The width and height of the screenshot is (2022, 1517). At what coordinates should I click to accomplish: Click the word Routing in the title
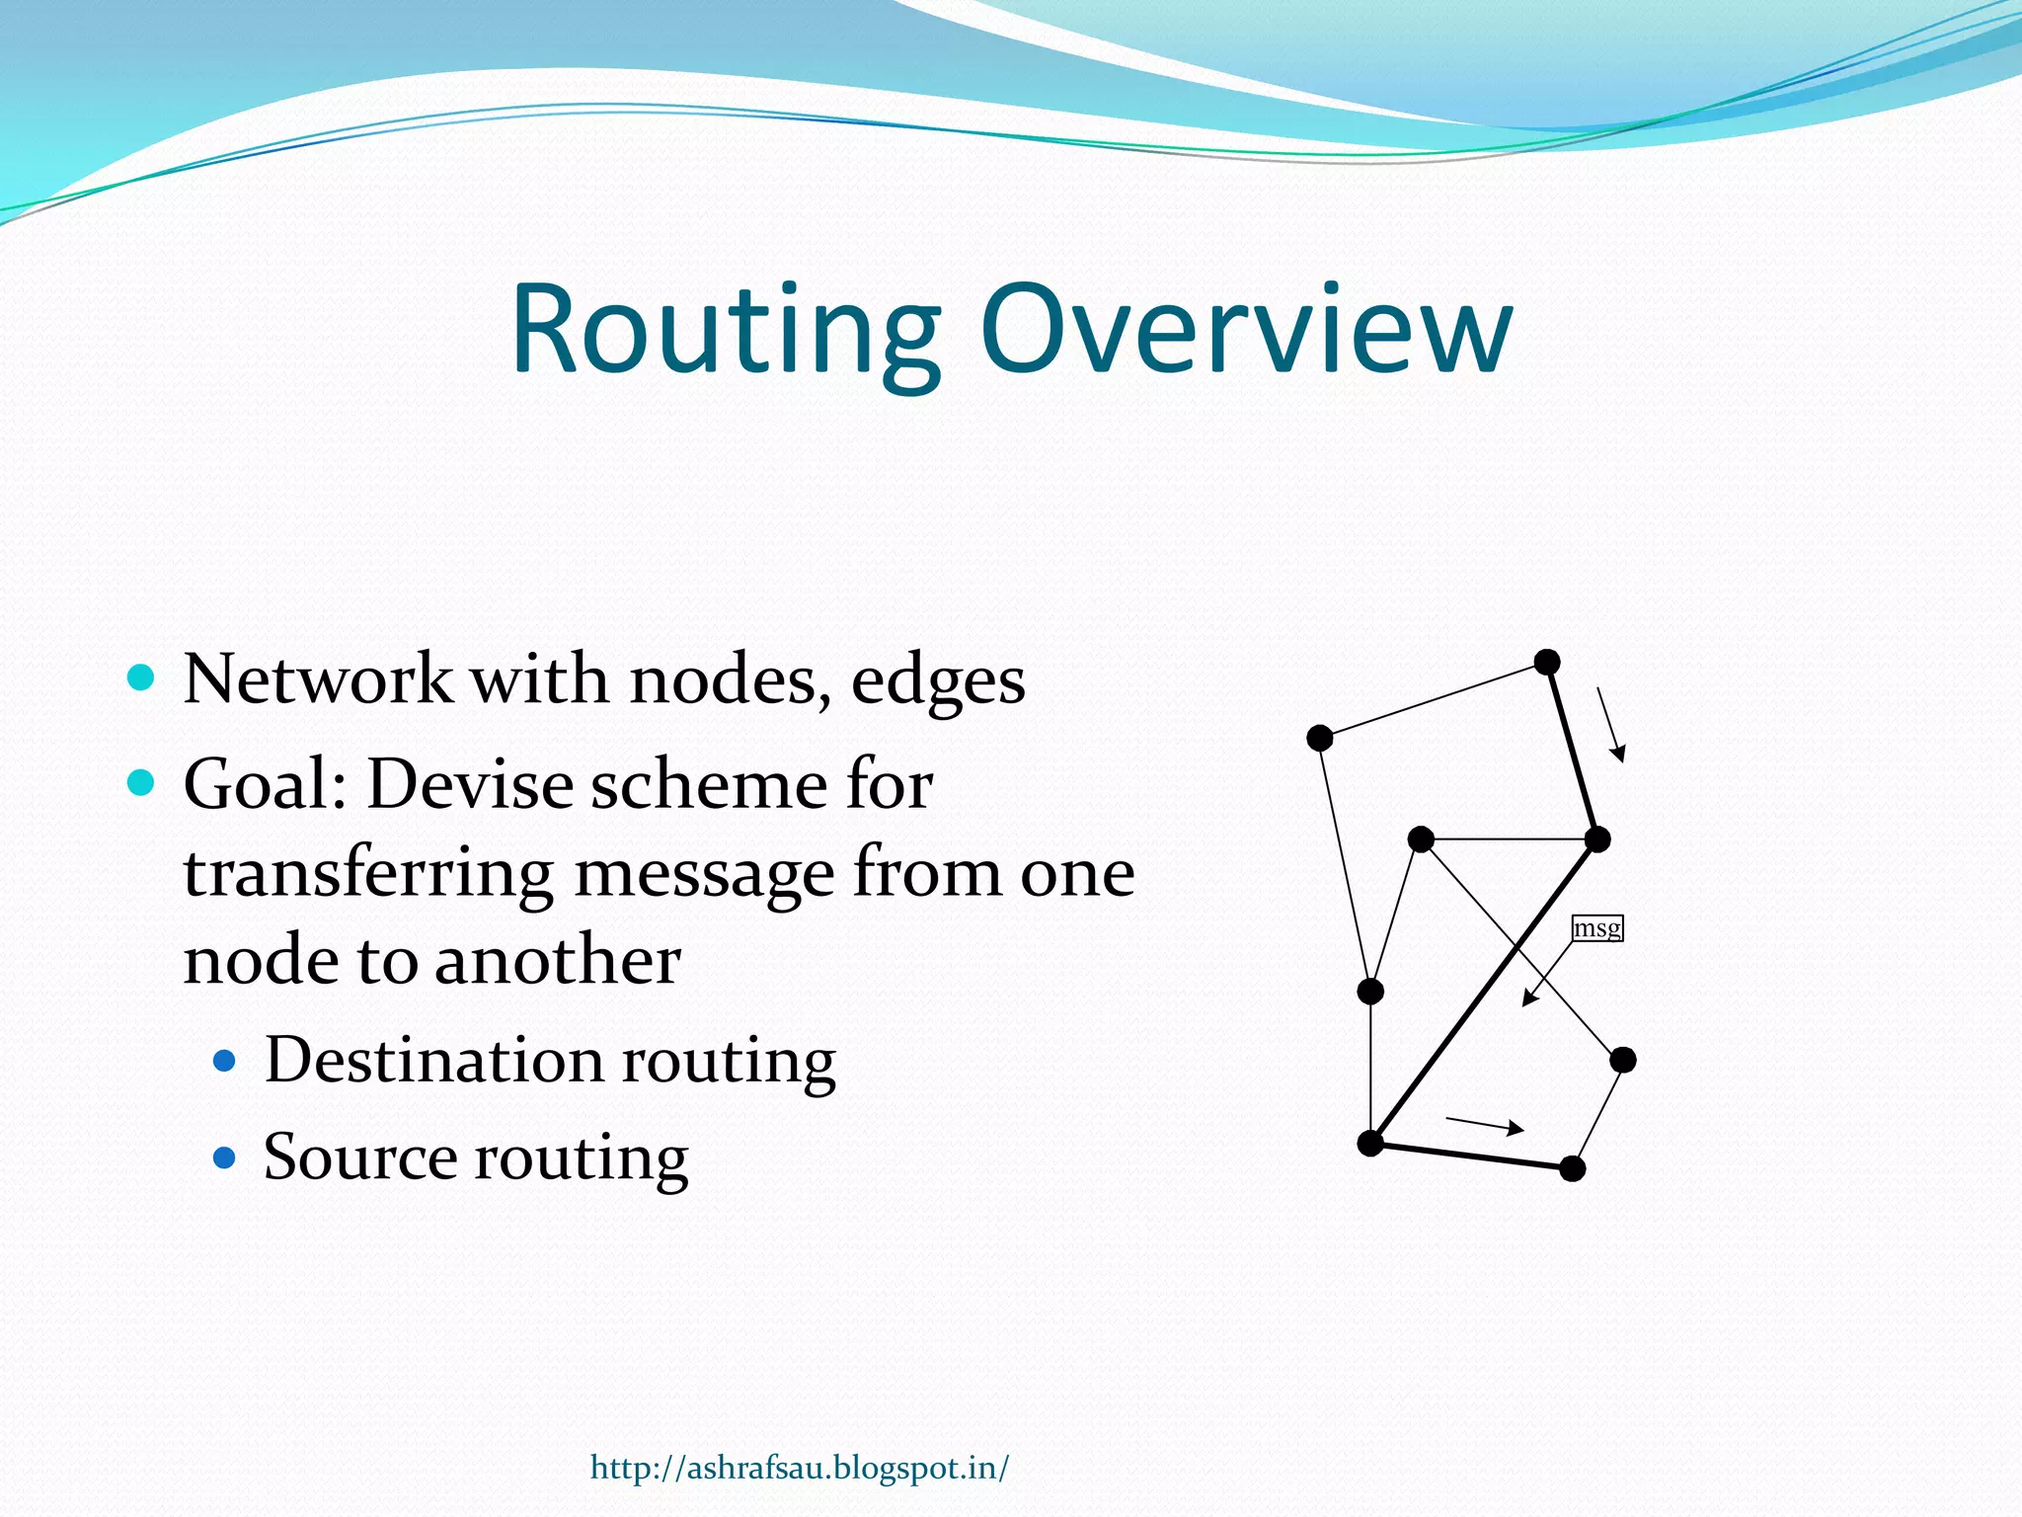(726, 331)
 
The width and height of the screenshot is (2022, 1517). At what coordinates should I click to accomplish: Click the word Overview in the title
(1246, 331)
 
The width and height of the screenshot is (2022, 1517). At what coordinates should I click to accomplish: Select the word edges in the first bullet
(938, 681)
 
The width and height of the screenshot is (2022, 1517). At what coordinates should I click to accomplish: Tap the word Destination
(433, 1060)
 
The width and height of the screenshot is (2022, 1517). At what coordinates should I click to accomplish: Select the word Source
(361, 1157)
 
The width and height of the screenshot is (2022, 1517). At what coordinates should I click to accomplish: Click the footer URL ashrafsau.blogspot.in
(800, 1468)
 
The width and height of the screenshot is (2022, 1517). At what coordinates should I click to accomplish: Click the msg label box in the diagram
(1596, 928)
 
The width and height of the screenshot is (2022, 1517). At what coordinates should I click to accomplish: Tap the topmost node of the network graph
(1547, 662)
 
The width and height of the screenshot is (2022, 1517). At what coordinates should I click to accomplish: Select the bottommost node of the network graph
(1573, 1169)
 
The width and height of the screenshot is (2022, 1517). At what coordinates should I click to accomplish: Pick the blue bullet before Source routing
(225, 1157)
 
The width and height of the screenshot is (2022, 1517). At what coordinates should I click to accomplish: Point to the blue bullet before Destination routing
(225, 1061)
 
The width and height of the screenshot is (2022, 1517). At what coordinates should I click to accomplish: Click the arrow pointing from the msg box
(1547, 974)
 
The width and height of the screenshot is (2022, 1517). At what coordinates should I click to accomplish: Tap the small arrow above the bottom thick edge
(1485, 1124)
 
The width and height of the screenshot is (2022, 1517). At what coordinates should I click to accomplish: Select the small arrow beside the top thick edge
(1610, 725)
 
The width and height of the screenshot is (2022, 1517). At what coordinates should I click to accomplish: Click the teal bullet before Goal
(141, 783)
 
